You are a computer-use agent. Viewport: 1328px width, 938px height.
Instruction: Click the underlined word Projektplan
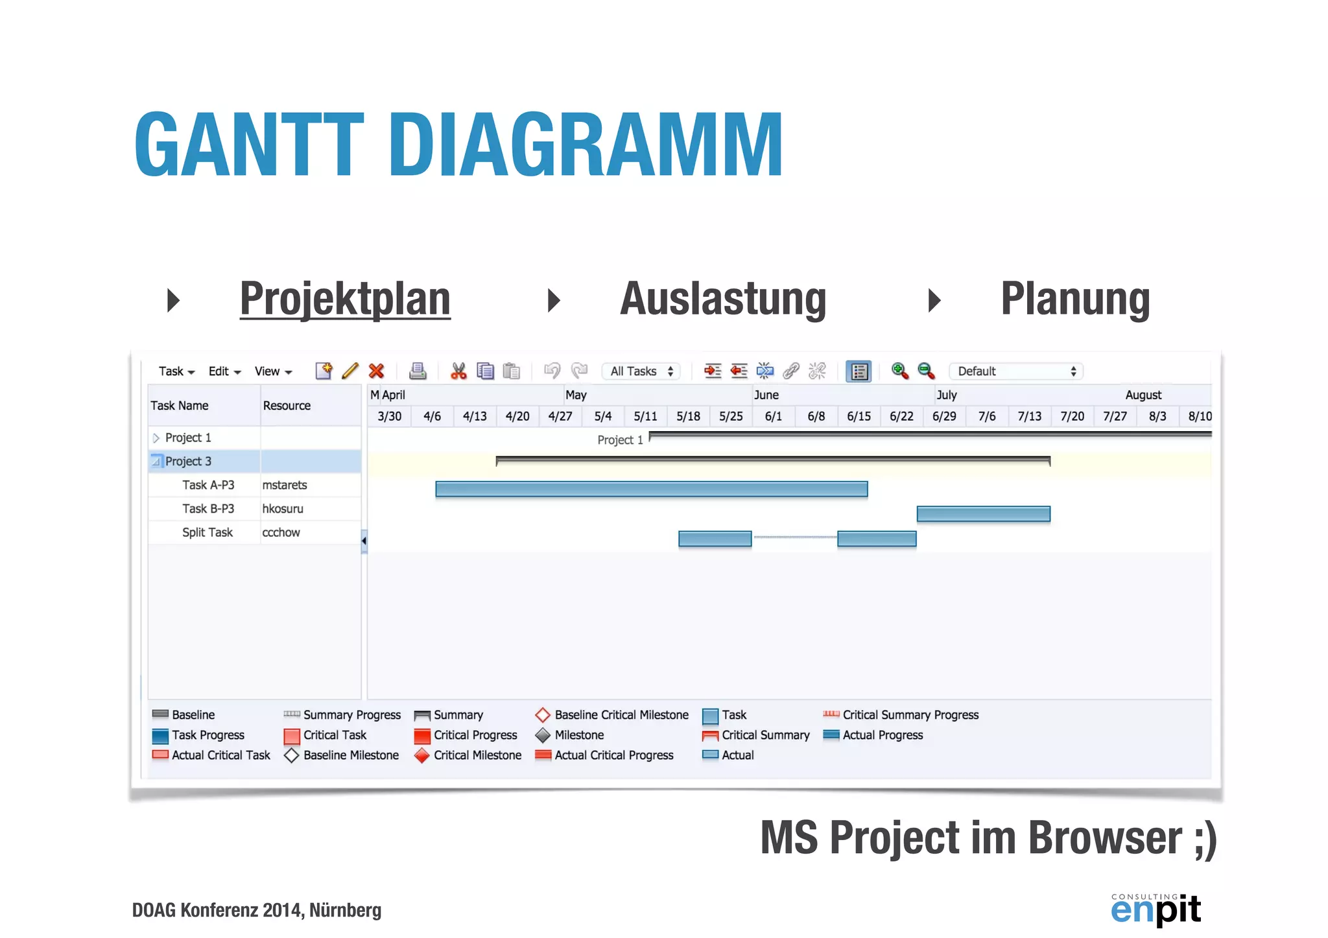tap(345, 299)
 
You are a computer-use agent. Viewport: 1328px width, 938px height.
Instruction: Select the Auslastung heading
tap(723, 299)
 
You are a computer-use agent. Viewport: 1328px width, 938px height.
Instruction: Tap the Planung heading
tap(1075, 299)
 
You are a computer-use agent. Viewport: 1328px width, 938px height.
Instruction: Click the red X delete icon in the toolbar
tap(376, 371)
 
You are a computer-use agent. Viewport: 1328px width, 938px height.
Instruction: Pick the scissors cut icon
tap(458, 371)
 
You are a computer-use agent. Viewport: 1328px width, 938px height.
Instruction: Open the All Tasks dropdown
tap(641, 371)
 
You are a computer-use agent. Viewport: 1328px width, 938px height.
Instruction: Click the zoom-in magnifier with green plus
tap(899, 371)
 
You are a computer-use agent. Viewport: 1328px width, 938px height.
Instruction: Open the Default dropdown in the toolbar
tap(1015, 371)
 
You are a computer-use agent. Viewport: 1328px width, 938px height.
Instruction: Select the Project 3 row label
tap(188, 462)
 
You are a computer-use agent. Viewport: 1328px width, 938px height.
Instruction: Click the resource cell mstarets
tap(285, 486)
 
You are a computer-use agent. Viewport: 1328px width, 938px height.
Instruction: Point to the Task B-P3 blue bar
tap(983, 514)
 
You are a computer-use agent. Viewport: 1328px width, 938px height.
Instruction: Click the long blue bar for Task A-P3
tap(651, 489)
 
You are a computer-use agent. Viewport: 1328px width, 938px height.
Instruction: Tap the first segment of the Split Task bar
tap(715, 539)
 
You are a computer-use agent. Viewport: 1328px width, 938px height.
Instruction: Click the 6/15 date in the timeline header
tap(859, 416)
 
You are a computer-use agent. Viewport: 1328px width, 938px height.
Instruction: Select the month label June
tap(766, 395)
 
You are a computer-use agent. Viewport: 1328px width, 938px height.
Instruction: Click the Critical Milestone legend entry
tap(477, 755)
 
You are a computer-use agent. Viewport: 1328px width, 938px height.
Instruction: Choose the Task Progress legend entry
tap(207, 735)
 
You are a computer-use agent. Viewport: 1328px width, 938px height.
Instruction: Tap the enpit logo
tap(1156, 909)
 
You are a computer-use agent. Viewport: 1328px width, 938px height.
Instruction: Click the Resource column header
tap(287, 406)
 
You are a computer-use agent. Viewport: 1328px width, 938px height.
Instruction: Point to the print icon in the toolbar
tap(418, 371)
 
